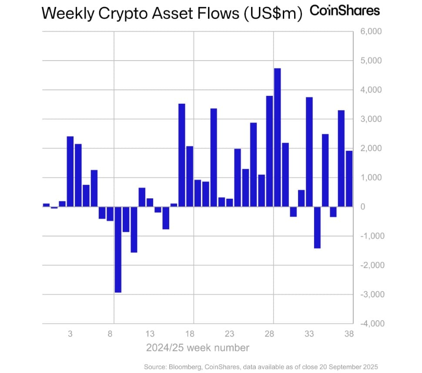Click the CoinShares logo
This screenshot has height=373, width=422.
tap(345, 11)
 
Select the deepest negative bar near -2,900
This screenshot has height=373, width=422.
tap(118, 249)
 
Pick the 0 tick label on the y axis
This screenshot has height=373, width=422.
tap(362, 207)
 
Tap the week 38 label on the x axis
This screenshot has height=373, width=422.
tap(349, 335)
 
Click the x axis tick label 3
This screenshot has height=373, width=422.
tap(70, 335)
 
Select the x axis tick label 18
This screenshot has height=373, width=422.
tap(189, 335)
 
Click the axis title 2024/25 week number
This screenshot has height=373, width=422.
tap(198, 348)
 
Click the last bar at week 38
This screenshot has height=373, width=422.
tap(349, 179)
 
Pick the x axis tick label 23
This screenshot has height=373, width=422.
tap(229, 335)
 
